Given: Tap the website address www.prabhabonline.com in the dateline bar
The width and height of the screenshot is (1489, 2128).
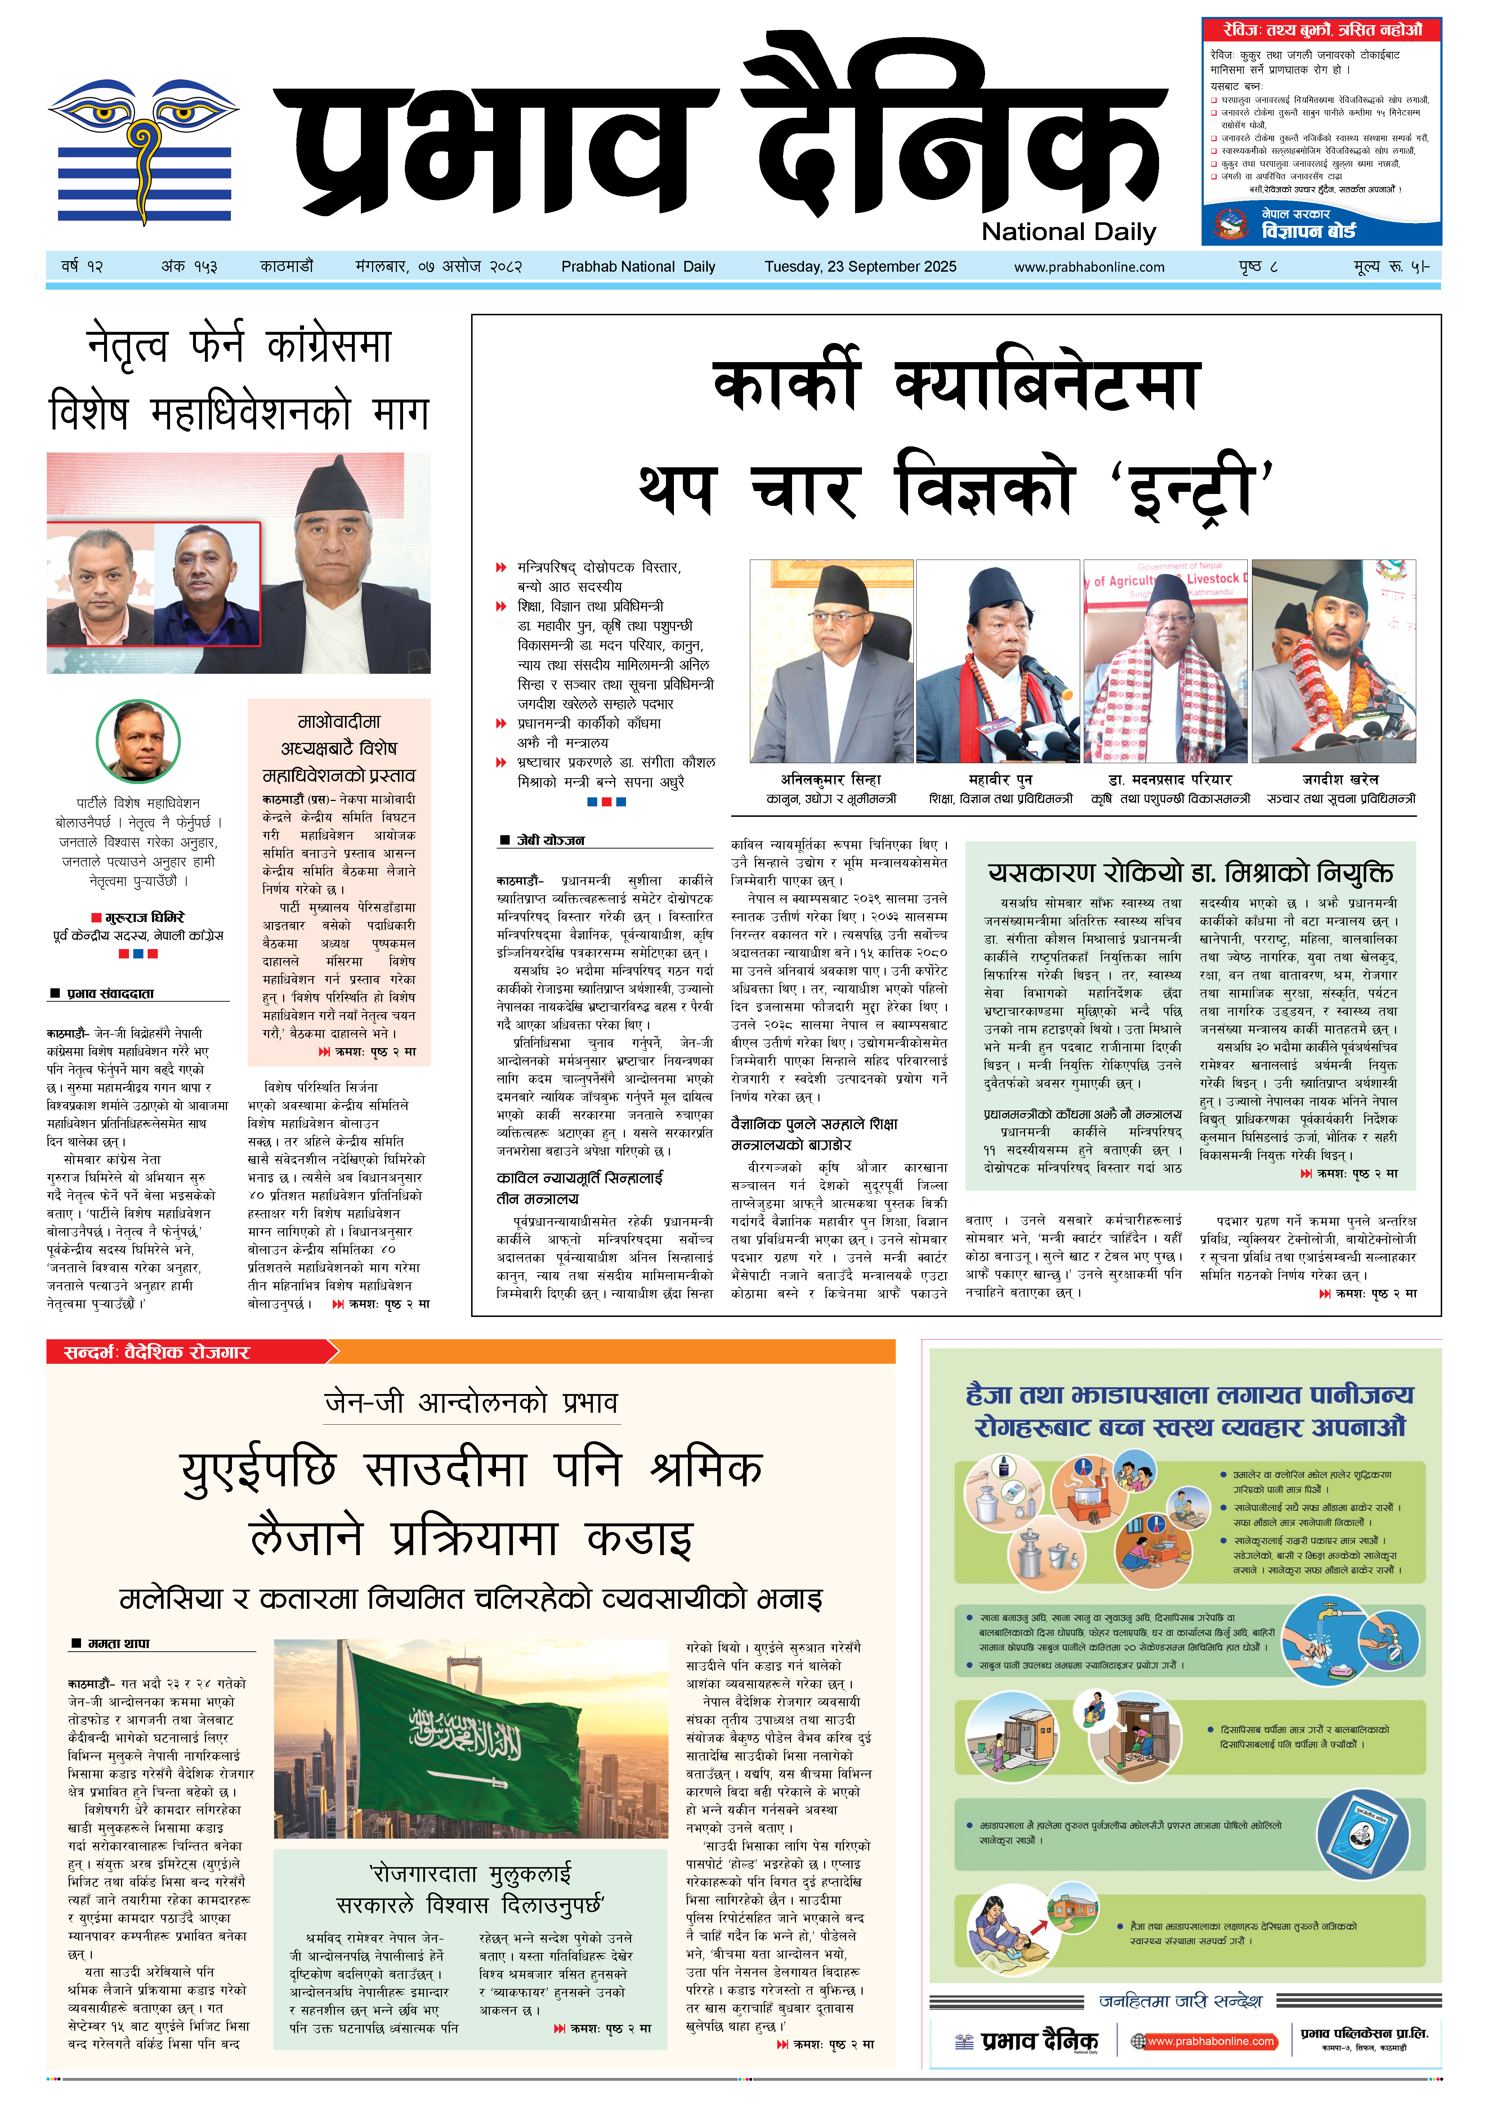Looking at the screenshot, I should pos(1089,267).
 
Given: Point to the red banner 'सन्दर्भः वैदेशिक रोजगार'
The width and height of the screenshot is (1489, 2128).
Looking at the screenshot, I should pos(157,1352).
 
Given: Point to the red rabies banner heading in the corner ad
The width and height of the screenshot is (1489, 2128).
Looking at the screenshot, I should pos(1320,30).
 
